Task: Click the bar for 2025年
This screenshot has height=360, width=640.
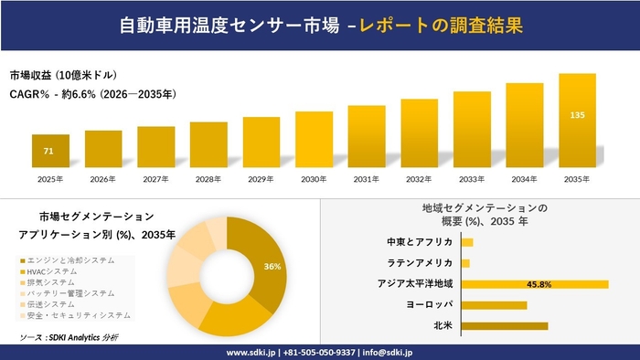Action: click(x=50, y=152)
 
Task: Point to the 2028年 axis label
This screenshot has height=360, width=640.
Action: click(x=208, y=179)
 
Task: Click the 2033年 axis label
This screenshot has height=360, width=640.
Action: click(x=472, y=179)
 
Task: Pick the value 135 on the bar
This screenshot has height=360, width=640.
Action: click(x=577, y=115)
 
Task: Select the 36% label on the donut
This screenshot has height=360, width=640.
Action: click(x=272, y=267)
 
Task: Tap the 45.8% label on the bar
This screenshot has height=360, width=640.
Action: click(x=539, y=284)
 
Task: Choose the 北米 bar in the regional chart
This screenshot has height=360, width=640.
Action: click(x=504, y=325)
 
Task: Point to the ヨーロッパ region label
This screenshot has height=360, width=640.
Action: click(x=429, y=304)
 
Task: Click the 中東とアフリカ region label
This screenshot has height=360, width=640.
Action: click(x=420, y=242)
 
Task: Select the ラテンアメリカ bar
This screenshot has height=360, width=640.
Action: click(x=465, y=263)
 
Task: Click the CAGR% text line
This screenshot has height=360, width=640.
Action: click(x=92, y=93)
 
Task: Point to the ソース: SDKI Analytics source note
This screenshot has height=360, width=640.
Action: click(x=69, y=337)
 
